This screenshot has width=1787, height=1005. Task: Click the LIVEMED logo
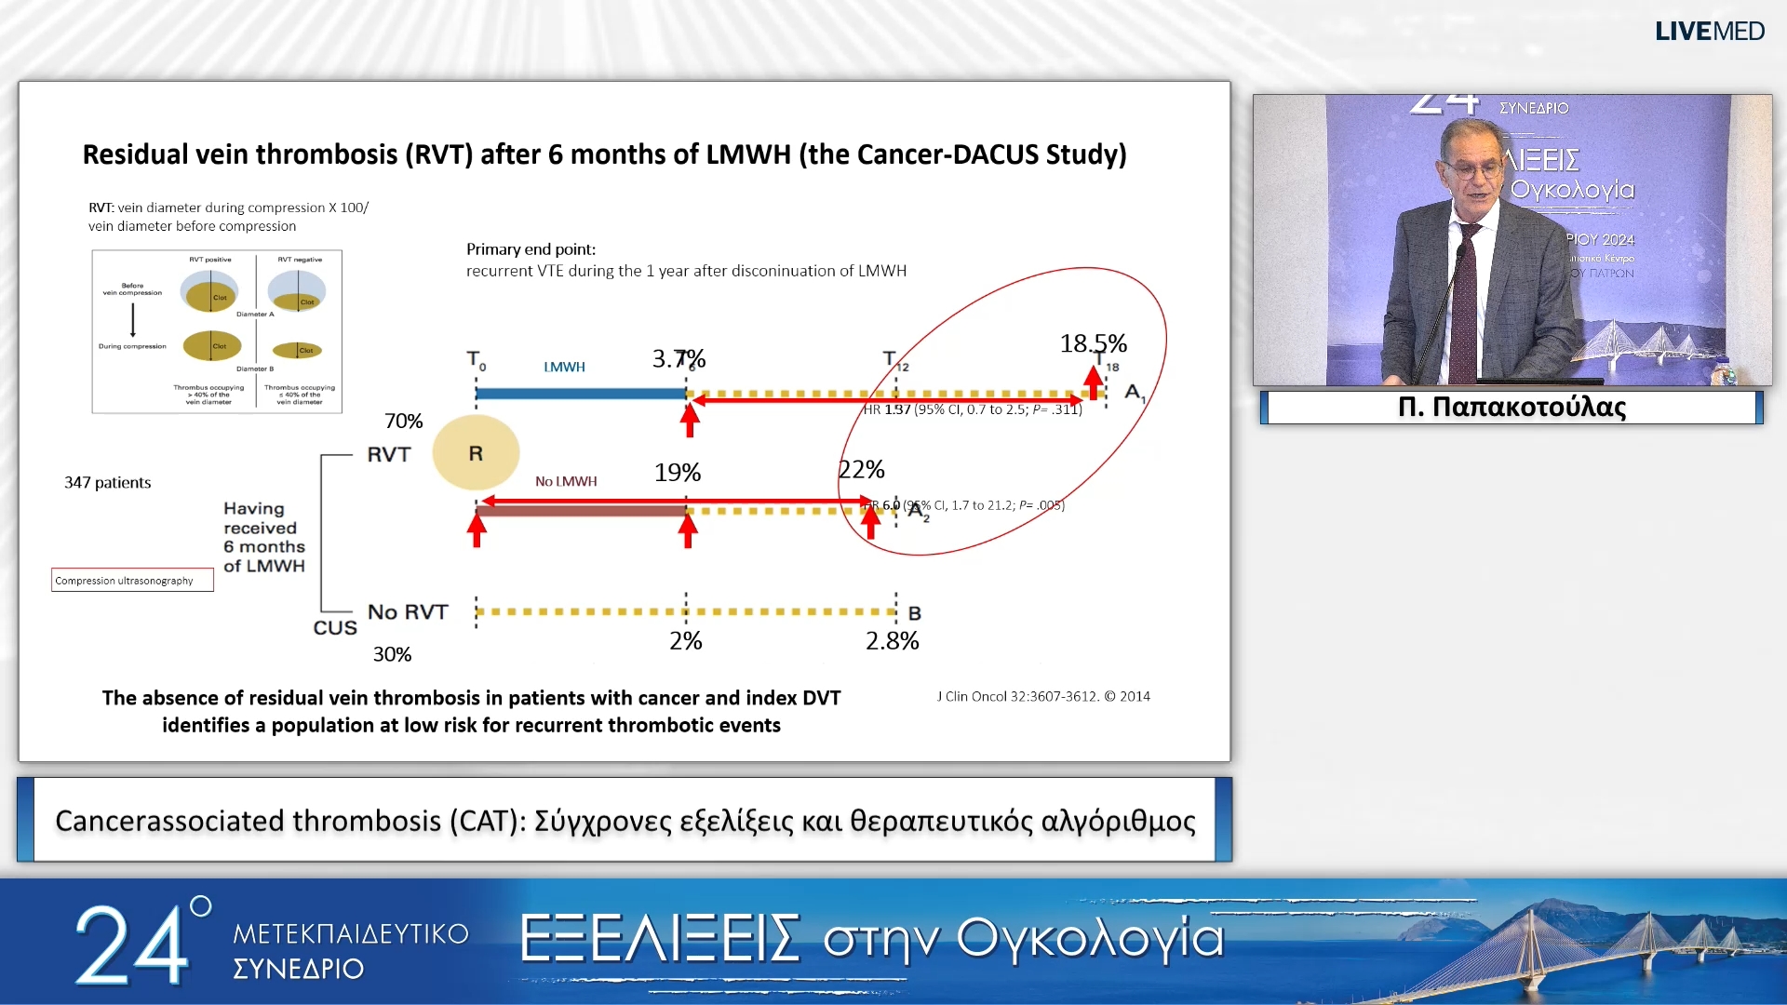point(1709,31)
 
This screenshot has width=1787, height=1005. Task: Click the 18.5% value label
point(1093,343)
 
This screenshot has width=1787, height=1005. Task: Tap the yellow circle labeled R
point(476,453)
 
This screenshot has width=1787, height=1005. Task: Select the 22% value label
point(861,470)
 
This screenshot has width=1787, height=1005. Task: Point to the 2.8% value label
point(892,641)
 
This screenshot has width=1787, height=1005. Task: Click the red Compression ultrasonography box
point(132,581)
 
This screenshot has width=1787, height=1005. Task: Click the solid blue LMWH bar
point(580,394)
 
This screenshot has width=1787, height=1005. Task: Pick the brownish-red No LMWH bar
point(580,511)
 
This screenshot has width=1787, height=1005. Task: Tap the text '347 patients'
point(107,483)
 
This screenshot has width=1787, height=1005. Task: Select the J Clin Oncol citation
point(1042,696)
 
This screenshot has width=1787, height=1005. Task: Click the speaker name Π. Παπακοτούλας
point(1512,408)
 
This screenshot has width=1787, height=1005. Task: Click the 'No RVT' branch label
point(408,612)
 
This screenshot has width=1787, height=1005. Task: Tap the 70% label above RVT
point(404,422)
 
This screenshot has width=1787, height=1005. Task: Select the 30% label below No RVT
point(392,655)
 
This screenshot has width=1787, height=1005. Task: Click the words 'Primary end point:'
point(531,249)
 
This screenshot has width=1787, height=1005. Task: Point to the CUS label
point(335,628)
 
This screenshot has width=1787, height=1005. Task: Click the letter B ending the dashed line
point(915,614)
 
